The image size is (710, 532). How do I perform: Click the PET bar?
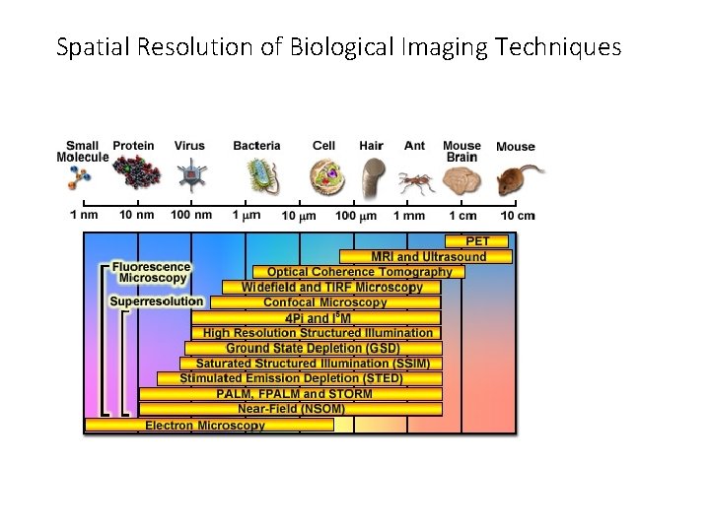point(478,241)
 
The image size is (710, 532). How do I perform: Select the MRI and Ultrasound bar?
point(427,257)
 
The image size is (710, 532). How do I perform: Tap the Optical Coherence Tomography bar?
point(359,272)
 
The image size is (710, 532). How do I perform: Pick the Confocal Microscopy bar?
point(325,302)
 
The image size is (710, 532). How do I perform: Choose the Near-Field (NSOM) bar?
point(291,409)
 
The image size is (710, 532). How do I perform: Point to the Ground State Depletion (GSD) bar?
point(313,348)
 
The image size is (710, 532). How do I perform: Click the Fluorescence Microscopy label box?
point(150,272)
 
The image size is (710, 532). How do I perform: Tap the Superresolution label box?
point(156,301)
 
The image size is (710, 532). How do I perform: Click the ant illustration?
point(416,181)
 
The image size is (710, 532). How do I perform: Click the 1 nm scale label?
point(85,215)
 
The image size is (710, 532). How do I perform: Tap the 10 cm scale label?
point(517,215)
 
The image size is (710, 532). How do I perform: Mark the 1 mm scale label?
point(409,215)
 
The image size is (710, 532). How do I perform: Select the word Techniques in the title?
point(566,46)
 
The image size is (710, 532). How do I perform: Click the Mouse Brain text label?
point(461,152)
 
